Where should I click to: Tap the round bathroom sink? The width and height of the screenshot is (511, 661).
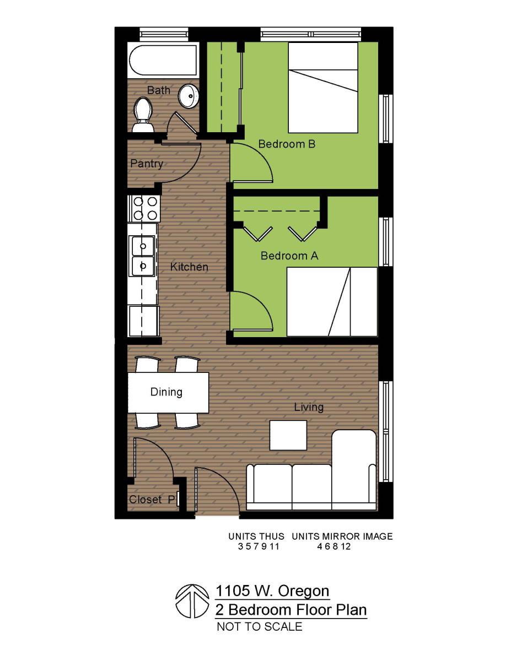point(189,97)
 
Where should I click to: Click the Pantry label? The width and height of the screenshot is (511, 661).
point(147,164)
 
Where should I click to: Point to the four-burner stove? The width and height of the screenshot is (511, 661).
point(144,208)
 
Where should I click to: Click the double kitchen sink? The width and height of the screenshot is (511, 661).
point(143,255)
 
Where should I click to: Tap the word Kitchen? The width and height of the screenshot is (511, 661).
point(189,267)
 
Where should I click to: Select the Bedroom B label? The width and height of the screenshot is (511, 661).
point(287,144)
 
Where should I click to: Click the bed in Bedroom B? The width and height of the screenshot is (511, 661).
point(323,88)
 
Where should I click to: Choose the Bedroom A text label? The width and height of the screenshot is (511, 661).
point(289,256)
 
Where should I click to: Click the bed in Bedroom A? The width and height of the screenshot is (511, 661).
point(331,301)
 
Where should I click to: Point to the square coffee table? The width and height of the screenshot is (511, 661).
point(288,435)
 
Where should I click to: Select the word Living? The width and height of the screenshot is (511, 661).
point(309,407)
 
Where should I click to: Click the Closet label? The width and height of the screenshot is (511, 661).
point(146,500)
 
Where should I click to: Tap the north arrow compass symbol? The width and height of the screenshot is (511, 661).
point(190,601)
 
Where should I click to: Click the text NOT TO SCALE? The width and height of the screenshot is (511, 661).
point(259,626)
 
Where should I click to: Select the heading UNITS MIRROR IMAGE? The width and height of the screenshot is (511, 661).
point(342,536)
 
